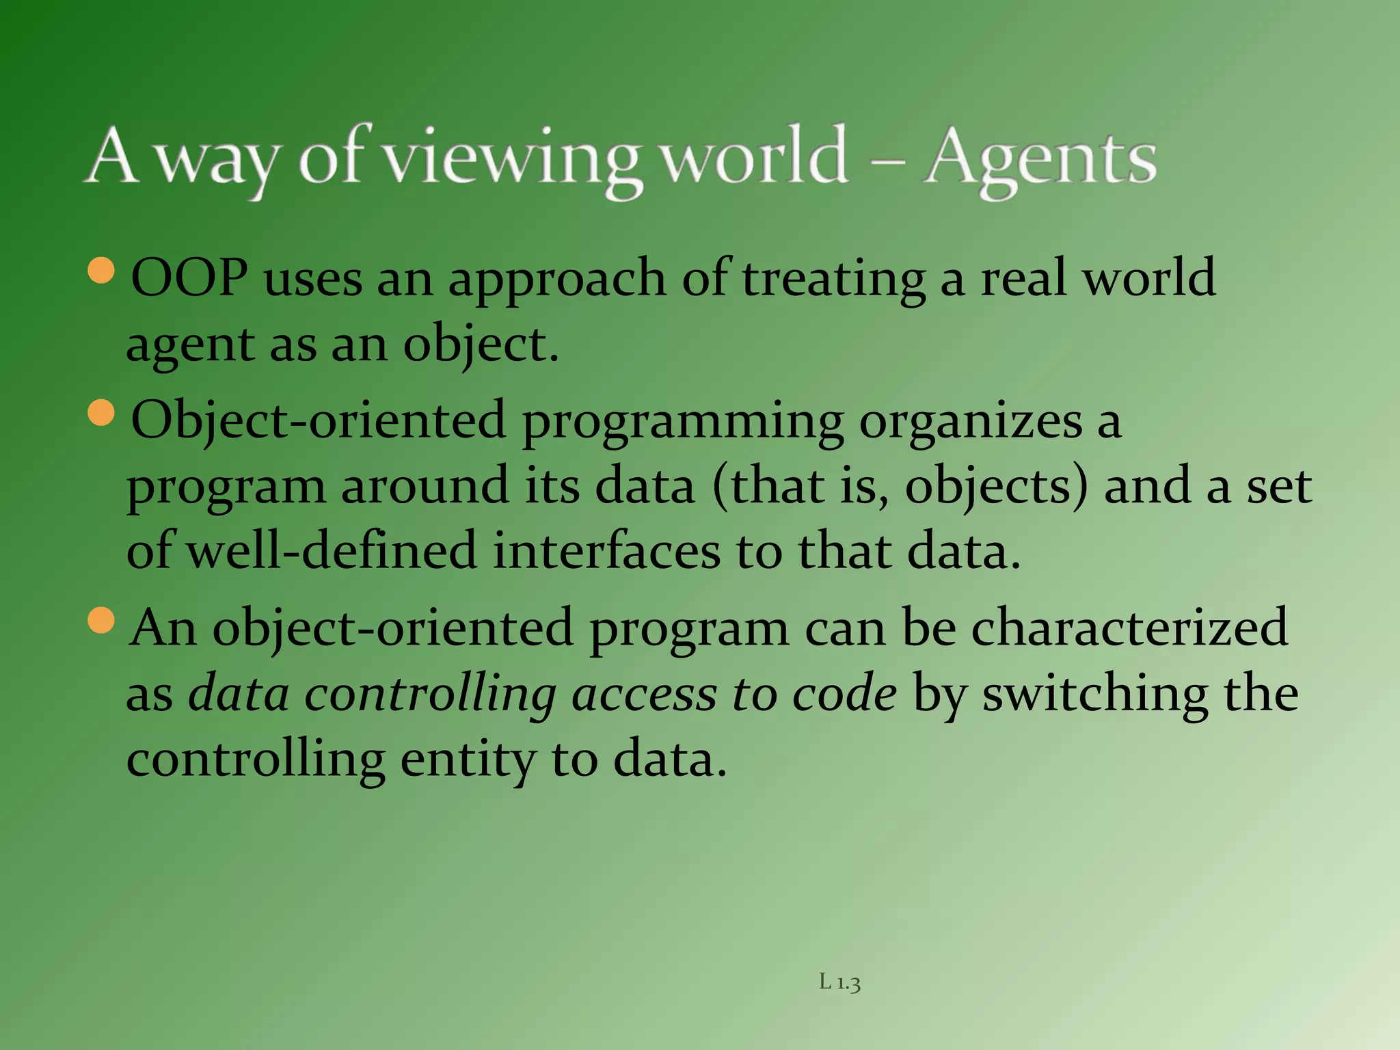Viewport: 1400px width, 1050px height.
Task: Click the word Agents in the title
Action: pyautogui.click(x=1039, y=161)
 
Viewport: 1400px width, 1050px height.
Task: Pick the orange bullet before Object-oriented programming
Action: pyautogui.click(x=102, y=413)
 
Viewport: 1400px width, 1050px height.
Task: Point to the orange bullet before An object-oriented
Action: pyautogui.click(x=102, y=621)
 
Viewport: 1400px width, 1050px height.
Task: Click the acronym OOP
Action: pyautogui.click(x=189, y=279)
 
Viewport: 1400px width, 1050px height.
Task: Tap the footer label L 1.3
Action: pyautogui.click(x=839, y=983)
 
